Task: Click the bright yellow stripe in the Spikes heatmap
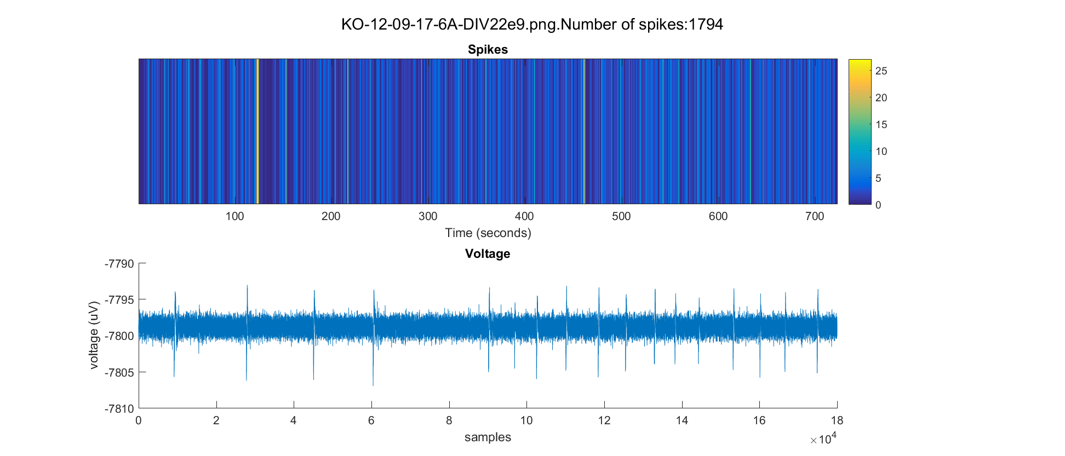(x=257, y=131)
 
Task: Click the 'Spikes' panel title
(x=488, y=50)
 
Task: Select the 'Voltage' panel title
(x=488, y=254)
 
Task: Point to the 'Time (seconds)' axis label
(x=488, y=233)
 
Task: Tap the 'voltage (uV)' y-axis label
(x=94, y=335)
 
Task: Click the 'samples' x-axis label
(x=488, y=437)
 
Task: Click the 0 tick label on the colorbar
(x=878, y=205)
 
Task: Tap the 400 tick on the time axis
(x=524, y=216)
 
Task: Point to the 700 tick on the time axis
(x=815, y=216)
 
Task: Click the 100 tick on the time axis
(x=234, y=216)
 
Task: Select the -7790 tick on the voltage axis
(x=119, y=264)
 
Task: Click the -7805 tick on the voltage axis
(x=119, y=373)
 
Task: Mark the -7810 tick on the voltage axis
(x=119, y=409)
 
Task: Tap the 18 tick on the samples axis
(x=837, y=421)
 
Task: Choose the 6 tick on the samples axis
(x=371, y=421)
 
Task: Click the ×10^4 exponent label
(x=823, y=438)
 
